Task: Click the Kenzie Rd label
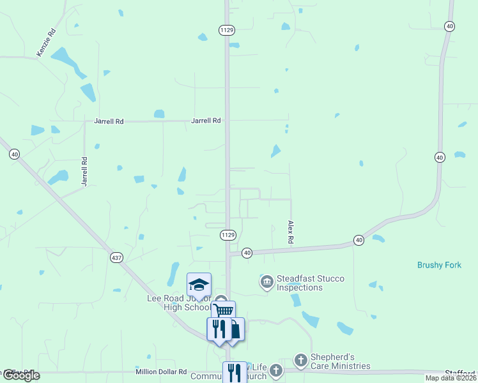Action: (46, 42)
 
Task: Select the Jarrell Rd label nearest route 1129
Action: (206, 120)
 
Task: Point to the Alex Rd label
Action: (291, 232)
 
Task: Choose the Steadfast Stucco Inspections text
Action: (299, 283)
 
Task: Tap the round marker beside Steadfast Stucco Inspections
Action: (266, 281)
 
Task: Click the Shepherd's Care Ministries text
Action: (340, 361)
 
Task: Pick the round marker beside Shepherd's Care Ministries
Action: (301, 361)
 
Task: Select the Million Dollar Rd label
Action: (160, 372)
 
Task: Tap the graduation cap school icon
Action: (199, 285)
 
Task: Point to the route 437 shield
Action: (116, 257)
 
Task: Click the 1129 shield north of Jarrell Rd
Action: (227, 30)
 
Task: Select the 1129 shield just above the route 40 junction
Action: (228, 235)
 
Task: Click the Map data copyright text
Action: (451, 378)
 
